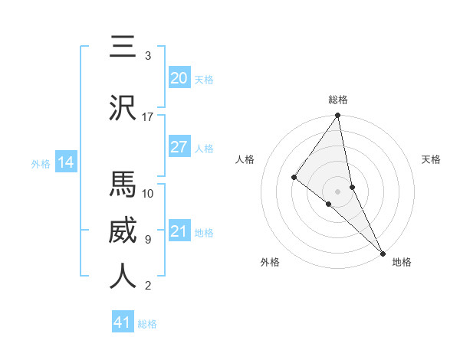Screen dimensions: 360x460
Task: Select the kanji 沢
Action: point(123,109)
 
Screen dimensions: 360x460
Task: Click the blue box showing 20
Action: point(179,78)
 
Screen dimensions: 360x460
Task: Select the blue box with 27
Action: point(179,147)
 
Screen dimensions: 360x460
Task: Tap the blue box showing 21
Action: point(179,231)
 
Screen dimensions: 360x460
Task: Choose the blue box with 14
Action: point(66,162)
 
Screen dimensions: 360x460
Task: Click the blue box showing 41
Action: point(123,322)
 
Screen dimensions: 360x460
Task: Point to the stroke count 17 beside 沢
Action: point(148,117)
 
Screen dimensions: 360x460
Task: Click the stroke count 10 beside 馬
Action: point(148,193)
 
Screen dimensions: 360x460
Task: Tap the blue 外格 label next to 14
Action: point(41,163)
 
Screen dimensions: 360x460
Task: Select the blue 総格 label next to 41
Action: point(147,324)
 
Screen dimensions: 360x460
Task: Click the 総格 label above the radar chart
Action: point(338,100)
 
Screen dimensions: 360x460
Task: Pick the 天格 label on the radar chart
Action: point(432,159)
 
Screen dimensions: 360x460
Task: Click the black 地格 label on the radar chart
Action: point(402,262)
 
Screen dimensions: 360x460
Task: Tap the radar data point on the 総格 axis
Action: point(338,116)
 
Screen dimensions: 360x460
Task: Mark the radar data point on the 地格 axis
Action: point(382,250)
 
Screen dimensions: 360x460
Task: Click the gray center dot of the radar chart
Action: point(338,190)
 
